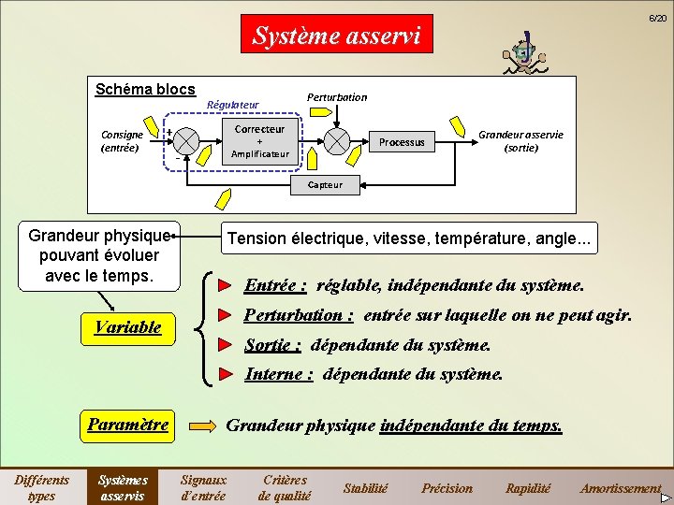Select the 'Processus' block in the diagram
coord(402,142)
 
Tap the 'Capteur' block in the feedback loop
coord(325,185)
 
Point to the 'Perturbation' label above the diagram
coord(337,97)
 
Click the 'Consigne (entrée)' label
coord(120,141)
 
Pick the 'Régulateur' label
coord(232,105)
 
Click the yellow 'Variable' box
coord(128,327)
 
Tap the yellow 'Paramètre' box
coord(128,425)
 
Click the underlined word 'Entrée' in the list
coord(275,285)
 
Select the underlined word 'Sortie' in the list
coord(272,345)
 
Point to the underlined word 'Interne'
coord(279,374)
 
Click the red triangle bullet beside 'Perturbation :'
coord(224,315)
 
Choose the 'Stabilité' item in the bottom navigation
coord(365,488)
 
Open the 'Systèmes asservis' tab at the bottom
coord(124,487)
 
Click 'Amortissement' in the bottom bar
coord(620,488)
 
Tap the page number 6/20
coord(659,19)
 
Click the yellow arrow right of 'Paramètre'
coord(202,426)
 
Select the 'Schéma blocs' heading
coord(145,89)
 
